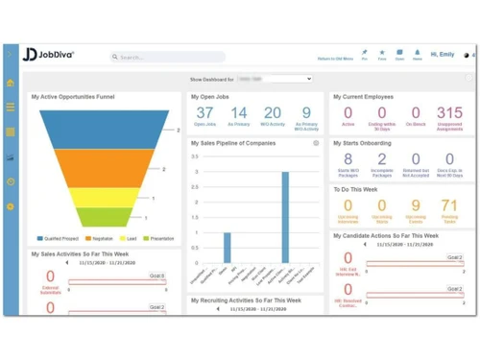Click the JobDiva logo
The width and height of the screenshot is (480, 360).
48,55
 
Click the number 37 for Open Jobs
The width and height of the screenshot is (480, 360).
204,113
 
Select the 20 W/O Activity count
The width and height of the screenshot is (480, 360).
273,113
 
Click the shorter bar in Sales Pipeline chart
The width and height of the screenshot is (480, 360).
228,247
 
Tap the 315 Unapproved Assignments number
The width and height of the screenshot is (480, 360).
449,113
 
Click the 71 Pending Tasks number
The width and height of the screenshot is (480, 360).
449,205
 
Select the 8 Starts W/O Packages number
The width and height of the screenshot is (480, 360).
348,159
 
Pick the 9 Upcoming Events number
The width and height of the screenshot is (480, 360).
416,205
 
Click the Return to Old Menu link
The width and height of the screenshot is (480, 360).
335,59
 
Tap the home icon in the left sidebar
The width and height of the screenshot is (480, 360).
11,84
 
